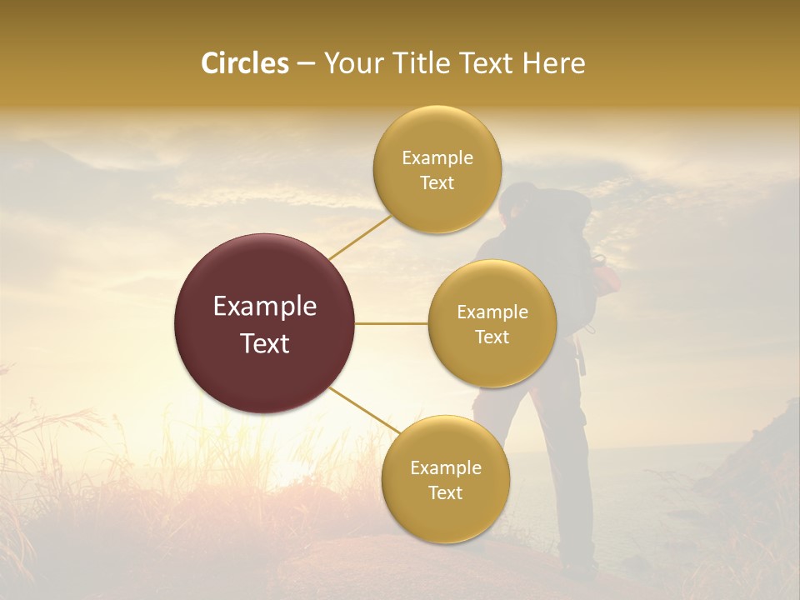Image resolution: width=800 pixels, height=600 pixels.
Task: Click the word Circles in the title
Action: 245,63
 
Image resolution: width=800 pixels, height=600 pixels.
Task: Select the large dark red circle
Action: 265,323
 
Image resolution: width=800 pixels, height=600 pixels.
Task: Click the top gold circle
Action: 437,169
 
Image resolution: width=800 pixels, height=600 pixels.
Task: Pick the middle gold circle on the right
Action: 492,323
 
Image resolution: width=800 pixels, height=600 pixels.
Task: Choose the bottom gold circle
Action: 445,479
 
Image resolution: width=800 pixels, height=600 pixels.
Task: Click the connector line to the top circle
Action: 360,237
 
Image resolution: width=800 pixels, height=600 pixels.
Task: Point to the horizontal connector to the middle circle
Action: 392,323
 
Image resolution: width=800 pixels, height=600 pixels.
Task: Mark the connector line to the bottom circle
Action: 365,410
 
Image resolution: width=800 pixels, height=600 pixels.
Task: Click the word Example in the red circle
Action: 265,307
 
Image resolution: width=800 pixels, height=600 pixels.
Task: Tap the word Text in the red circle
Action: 265,343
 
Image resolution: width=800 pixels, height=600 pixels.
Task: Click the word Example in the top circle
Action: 437,158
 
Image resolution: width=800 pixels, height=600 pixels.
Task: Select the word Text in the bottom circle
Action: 445,492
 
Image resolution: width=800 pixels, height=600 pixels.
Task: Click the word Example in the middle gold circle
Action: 492,312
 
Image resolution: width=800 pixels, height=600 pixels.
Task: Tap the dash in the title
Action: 306,63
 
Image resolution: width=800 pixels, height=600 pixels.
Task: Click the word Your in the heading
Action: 352,63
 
